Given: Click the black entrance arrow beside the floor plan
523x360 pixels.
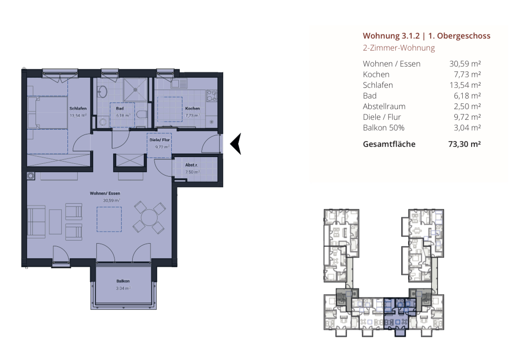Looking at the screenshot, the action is (236, 144).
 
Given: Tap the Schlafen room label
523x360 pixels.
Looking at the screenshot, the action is (78, 108).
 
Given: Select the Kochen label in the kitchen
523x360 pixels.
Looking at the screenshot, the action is (193, 108).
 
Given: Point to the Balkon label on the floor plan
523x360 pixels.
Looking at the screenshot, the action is (123, 281).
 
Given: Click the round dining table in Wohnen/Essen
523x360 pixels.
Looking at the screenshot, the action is (149, 218).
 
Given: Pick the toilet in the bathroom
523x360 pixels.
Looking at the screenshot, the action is (142, 115).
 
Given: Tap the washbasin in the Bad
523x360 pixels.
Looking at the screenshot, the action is (102, 91).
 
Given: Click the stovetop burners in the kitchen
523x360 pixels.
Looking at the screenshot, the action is (212, 95).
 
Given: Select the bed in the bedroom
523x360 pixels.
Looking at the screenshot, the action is (47, 113).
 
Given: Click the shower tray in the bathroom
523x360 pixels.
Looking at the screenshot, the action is (135, 89).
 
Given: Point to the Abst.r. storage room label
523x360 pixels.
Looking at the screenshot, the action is (192, 165).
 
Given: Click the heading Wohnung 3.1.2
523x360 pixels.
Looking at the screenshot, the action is (391, 36).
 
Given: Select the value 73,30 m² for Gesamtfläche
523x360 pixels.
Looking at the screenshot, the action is (464, 144).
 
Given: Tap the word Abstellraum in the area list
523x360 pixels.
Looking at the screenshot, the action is (384, 107).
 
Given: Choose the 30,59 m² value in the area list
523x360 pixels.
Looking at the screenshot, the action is (465, 64).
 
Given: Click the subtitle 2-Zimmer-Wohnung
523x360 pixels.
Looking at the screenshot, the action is (399, 48).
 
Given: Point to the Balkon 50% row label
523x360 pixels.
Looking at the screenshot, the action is (384, 128).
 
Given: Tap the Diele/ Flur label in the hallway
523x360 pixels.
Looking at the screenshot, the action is (159, 140).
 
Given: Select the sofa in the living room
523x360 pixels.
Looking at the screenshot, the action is (36, 222).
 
